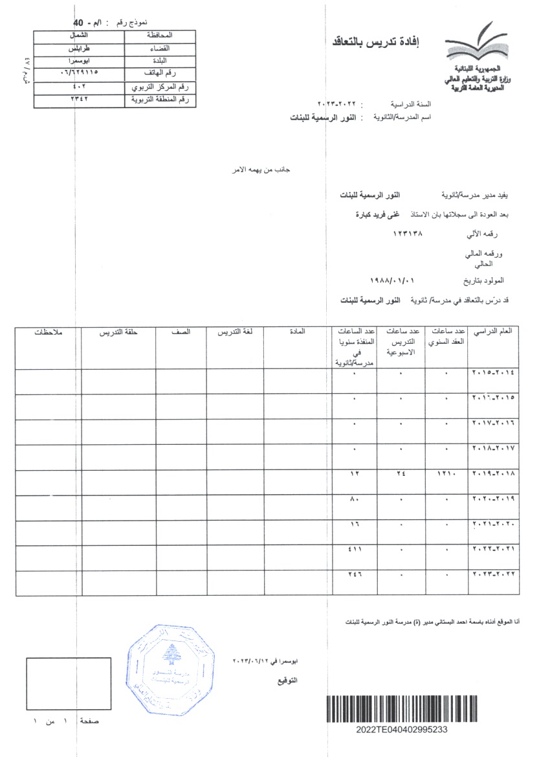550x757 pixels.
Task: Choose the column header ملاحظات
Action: [x=48, y=332]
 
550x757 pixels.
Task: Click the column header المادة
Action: [x=298, y=332]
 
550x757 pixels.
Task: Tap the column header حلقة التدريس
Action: [x=118, y=332]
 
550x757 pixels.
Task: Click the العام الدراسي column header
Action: [x=494, y=332]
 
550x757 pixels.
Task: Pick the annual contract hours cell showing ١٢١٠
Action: [x=446, y=474]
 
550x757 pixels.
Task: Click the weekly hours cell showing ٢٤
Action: [x=401, y=474]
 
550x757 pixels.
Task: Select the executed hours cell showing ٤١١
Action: [x=355, y=550]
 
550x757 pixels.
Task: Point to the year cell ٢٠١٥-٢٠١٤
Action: [x=494, y=373]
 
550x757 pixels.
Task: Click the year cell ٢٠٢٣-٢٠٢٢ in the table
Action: [x=494, y=575]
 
